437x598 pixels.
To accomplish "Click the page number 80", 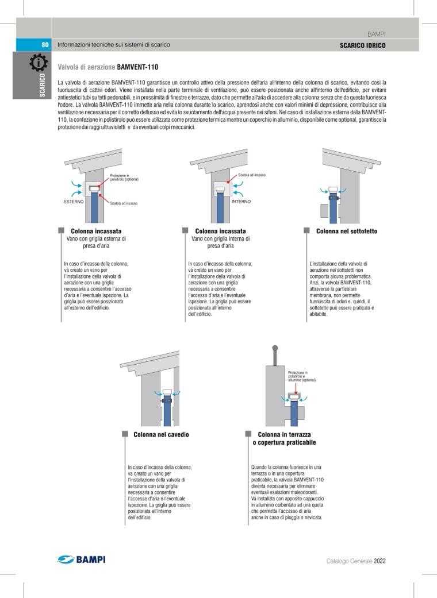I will tap(45, 45).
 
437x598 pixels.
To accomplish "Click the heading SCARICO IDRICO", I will tap(363, 45).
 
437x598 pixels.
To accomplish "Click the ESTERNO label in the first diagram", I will tap(74, 202).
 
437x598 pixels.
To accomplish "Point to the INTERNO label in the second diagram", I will tap(241, 202).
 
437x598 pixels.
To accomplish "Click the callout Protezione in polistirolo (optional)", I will tap(124, 178).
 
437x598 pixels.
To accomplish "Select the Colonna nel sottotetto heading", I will tap(347, 231).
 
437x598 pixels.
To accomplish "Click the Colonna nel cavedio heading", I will tap(161, 434).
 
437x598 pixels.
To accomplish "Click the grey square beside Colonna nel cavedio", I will tap(125, 434).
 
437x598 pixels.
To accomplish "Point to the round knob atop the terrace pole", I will tap(275, 348).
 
